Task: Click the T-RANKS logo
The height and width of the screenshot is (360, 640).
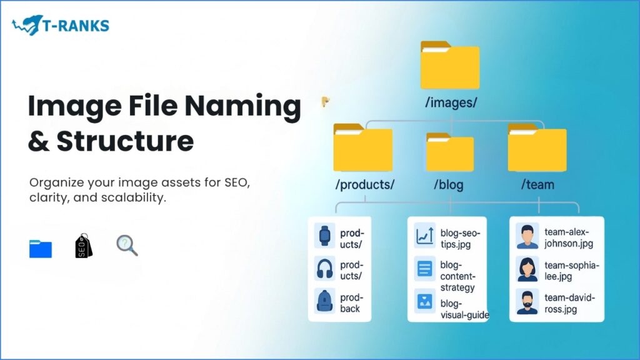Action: coord(60,26)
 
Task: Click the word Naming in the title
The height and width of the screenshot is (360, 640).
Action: coord(245,107)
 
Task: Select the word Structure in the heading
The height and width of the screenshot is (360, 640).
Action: coord(124,141)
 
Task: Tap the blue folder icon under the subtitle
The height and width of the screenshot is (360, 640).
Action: coord(41,248)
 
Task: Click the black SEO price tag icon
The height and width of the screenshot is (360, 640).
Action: coord(83,246)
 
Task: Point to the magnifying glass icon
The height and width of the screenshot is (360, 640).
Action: coord(127,246)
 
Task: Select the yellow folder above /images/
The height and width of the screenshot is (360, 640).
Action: coord(449,65)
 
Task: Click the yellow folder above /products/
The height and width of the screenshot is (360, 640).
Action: coord(362,147)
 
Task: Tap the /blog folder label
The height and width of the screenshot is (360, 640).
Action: coord(449,185)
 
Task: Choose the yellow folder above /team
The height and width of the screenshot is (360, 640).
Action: coord(537,147)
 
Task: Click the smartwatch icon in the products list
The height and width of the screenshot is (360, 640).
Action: coord(325,235)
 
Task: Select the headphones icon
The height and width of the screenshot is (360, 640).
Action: coord(325,269)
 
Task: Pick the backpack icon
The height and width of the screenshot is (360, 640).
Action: coord(325,302)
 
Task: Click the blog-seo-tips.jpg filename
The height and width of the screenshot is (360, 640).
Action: coord(460,238)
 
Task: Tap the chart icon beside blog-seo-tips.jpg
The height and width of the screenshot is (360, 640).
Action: coord(425,236)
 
